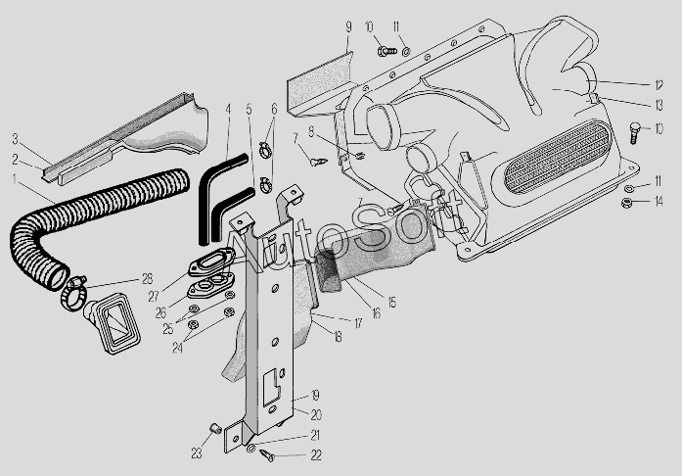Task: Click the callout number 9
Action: point(348,27)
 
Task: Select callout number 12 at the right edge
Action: point(659,85)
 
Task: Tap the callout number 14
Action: point(659,201)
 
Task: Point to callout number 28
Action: point(148,279)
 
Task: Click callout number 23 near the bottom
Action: point(197,453)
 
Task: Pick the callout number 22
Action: point(316,455)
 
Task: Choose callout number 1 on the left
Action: point(15,179)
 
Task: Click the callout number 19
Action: point(315,395)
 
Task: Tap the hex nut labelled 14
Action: point(627,203)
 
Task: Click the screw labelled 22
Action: point(267,455)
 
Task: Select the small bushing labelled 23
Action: point(214,427)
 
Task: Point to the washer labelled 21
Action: point(250,449)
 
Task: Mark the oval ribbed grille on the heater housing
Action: point(558,158)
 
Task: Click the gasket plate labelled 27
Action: point(211,262)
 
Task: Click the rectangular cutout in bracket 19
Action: point(272,384)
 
